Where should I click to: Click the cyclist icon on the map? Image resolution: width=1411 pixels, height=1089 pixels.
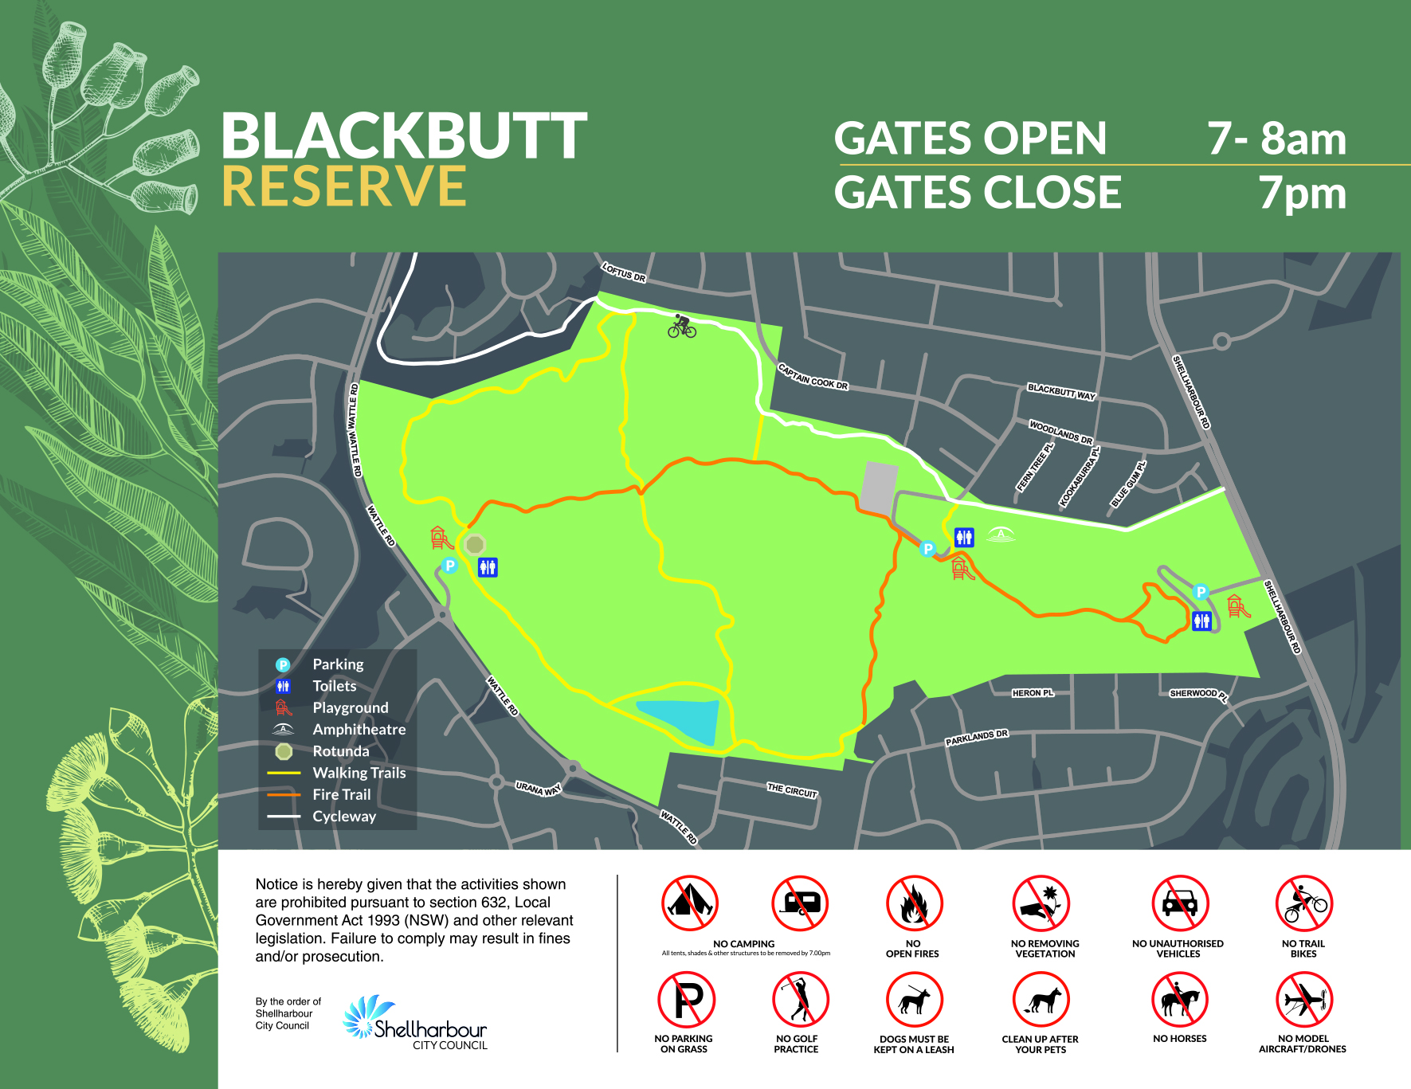pyautogui.click(x=681, y=326)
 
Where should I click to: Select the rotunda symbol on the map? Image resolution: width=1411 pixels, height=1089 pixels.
pyautogui.click(x=475, y=545)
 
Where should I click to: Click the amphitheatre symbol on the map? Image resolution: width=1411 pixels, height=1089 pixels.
pyautogui.click(x=1001, y=535)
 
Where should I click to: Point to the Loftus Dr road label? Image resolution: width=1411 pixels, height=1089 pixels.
pyautogui.click(x=624, y=272)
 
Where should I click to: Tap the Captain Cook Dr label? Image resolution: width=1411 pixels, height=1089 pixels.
pyautogui.click(x=813, y=377)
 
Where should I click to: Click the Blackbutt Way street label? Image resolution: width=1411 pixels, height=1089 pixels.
pyautogui.click(x=1061, y=391)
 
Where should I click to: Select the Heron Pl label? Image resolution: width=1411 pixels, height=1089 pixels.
pyautogui.click(x=1033, y=693)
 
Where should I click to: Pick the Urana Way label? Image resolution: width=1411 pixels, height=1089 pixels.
pyautogui.click(x=538, y=789)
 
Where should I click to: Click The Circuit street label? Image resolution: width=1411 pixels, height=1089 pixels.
pyautogui.click(x=792, y=790)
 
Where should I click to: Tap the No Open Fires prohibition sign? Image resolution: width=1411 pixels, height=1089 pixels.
pyautogui.click(x=914, y=903)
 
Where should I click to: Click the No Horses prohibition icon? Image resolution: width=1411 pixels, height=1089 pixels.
pyautogui.click(x=1180, y=1000)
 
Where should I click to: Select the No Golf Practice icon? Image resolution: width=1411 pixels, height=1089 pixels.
pyautogui.click(x=800, y=1000)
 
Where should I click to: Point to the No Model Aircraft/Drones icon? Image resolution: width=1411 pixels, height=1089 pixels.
pyautogui.click(x=1303, y=1000)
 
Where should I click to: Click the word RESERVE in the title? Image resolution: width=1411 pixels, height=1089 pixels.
pyautogui.click(x=343, y=186)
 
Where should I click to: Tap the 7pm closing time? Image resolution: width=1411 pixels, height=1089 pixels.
pyautogui.click(x=1302, y=193)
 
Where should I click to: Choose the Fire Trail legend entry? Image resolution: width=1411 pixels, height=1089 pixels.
pyautogui.click(x=341, y=794)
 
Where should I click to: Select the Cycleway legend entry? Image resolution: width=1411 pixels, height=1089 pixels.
pyautogui.click(x=343, y=816)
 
